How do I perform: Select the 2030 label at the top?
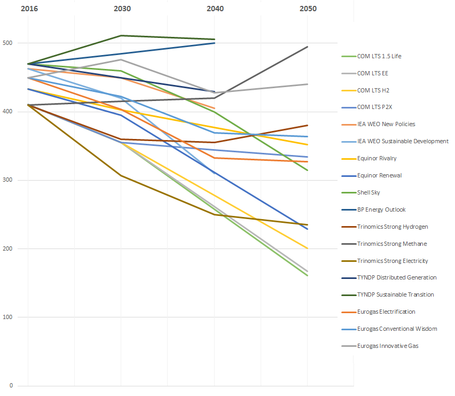point(122,9)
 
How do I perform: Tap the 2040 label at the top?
point(215,9)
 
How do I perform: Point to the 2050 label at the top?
point(308,9)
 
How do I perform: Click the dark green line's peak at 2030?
point(122,35)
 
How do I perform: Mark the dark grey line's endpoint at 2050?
point(308,46)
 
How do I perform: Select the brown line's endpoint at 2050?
point(308,125)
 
